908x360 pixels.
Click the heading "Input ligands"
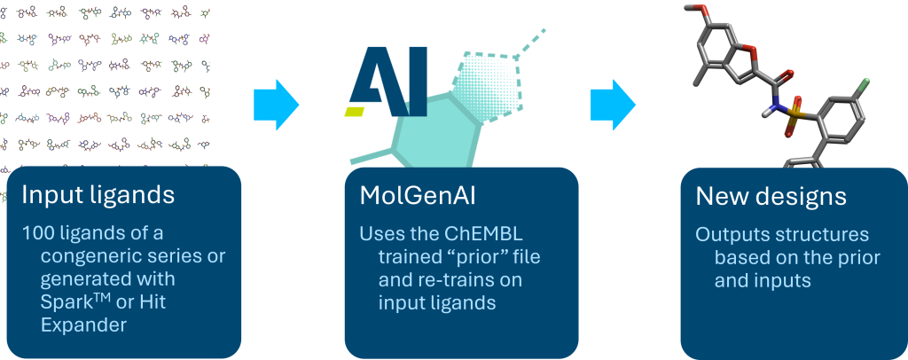98,196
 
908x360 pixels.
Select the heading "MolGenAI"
418,196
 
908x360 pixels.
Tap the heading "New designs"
771,197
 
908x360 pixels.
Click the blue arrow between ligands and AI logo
277,105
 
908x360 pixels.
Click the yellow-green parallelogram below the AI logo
355,111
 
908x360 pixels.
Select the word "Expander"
83,325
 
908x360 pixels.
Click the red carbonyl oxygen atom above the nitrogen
788,74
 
